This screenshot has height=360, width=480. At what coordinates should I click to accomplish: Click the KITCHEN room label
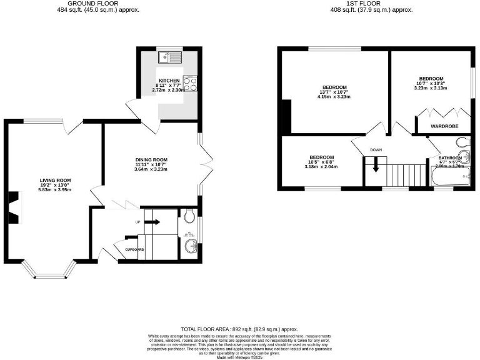(169, 81)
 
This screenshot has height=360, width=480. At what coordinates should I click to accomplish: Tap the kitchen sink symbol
(169, 57)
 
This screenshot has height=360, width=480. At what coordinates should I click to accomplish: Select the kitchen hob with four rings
(190, 82)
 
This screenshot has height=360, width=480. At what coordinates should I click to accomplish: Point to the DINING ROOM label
(151, 159)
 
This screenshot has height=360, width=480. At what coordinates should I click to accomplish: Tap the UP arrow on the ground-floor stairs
(152, 221)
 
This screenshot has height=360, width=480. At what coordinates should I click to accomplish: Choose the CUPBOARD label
(134, 249)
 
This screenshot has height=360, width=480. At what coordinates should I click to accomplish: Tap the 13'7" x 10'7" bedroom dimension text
(334, 92)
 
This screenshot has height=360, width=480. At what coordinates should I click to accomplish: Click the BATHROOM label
(450, 157)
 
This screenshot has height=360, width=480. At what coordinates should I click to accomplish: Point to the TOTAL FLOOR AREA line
(239, 329)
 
